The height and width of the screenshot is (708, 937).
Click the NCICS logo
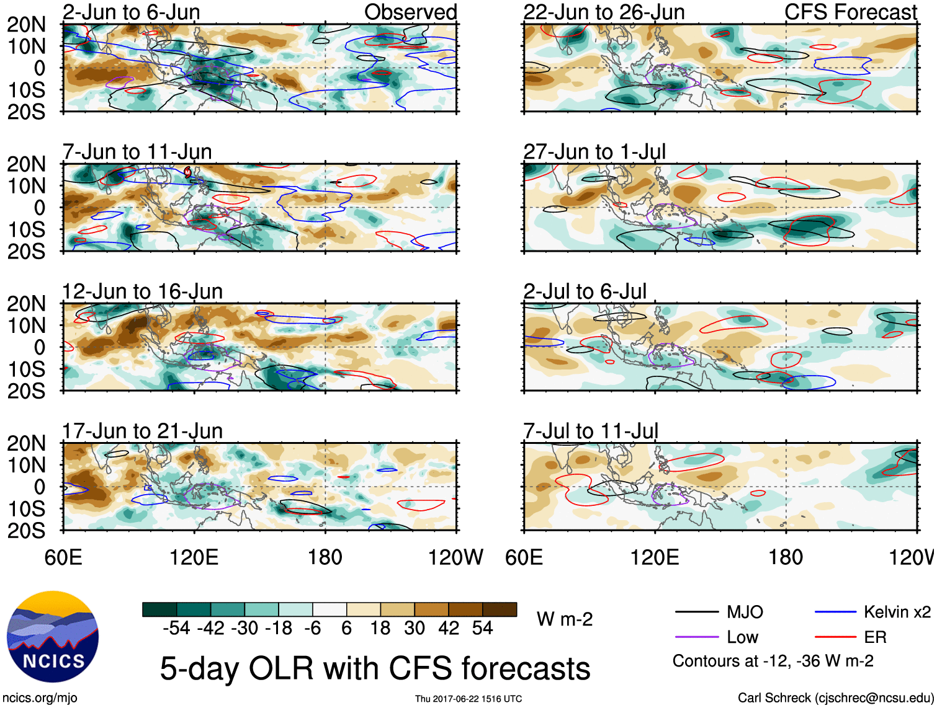pyautogui.click(x=53, y=637)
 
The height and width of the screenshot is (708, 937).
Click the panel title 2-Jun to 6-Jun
pyautogui.click(x=131, y=12)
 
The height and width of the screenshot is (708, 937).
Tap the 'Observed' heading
pyautogui.click(x=410, y=12)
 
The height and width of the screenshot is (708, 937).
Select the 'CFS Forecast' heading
pyautogui.click(x=850, y=12)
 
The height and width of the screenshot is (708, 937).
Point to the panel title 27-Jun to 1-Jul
pyautogui.click(x=594, y=151)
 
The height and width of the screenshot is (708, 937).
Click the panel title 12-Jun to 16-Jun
pyautogui.click(x=142, y=291)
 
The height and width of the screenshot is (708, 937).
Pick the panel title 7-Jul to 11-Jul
pyautogui.click(x=590, y=431)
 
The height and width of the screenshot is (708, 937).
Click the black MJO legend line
pyautogui.click(x=696, y=613)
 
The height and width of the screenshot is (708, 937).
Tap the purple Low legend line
pyautogui.click(x=696, y=637)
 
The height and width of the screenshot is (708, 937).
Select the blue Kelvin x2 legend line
pyautogui.click(x=835, y=613)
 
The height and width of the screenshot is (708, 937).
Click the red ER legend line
pyautogui.click(x=835, y=637)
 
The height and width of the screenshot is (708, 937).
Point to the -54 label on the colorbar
pyautogui.click(x=176, y=628)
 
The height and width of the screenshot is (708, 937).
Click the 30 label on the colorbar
pyautogui.click(x=415, y=628)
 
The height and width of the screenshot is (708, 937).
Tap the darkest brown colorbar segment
pyautogui.click(x=500, y=609)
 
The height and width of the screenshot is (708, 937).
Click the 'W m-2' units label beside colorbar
pyautogui.click(x=565, y=619)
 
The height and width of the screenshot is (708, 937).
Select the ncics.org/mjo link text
pyautogui.click(x=40, y=697)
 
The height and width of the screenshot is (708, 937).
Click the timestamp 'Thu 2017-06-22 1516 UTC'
pyautogui.click(x=468, y=699)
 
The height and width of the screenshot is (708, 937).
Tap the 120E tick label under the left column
pyautogui.click(x=194, y=557)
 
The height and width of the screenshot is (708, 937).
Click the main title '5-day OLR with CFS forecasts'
pyautogui.click(x=375, y=668)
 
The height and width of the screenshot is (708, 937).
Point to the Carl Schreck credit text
pyautogui.click(x=835, y=697)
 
